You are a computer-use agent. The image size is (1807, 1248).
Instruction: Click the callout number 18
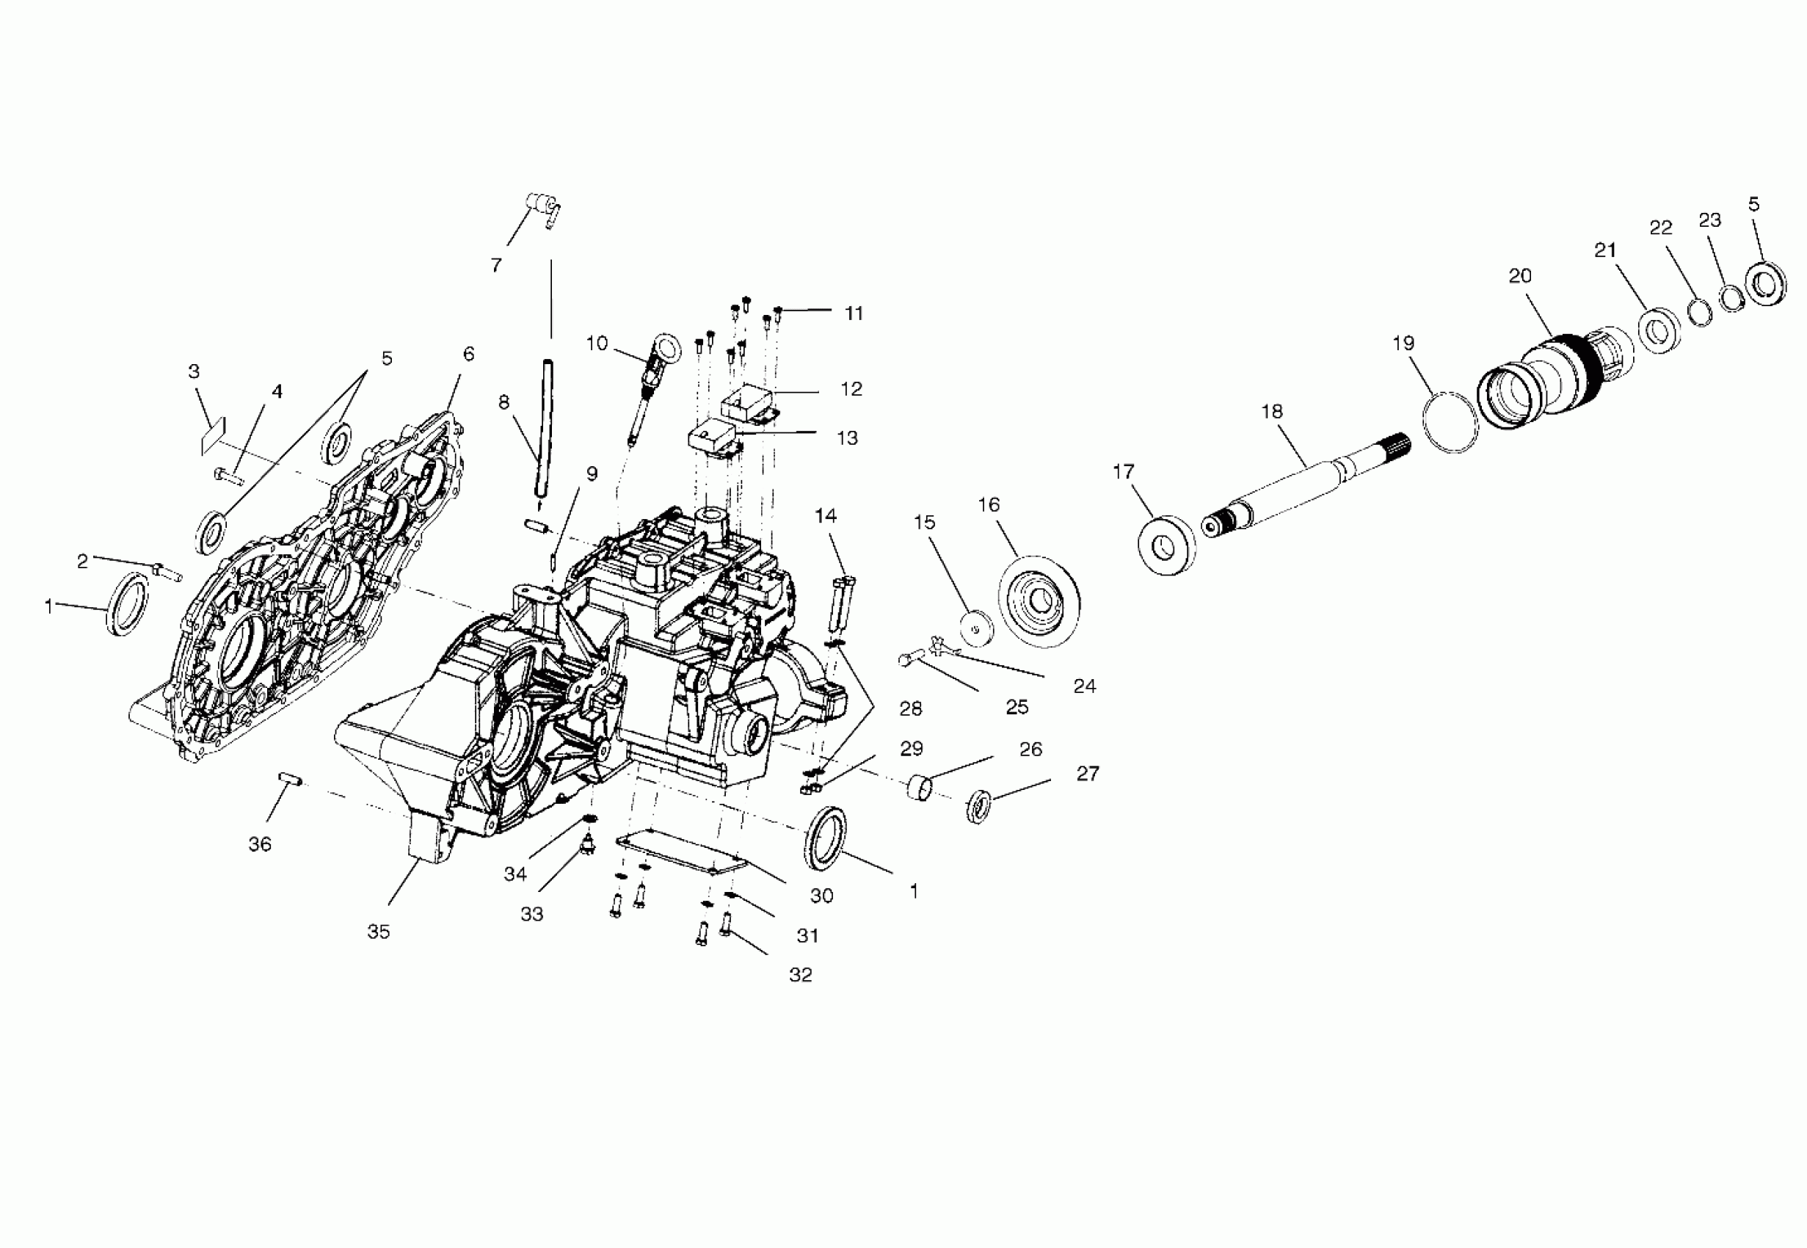1272,411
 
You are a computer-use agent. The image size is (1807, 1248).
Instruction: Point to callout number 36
261,844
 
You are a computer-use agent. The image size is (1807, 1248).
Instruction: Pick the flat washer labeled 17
1168,545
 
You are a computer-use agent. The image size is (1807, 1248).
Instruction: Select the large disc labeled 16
1039,601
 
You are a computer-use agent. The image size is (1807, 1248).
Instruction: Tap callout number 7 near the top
496,266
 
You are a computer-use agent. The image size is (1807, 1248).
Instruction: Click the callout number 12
851,388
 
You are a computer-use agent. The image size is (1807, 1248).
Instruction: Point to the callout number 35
378,932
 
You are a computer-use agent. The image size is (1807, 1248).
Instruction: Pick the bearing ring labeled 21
1655,332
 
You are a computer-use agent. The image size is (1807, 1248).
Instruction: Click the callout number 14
826,516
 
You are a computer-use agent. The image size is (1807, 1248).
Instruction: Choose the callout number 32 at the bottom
800,974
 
